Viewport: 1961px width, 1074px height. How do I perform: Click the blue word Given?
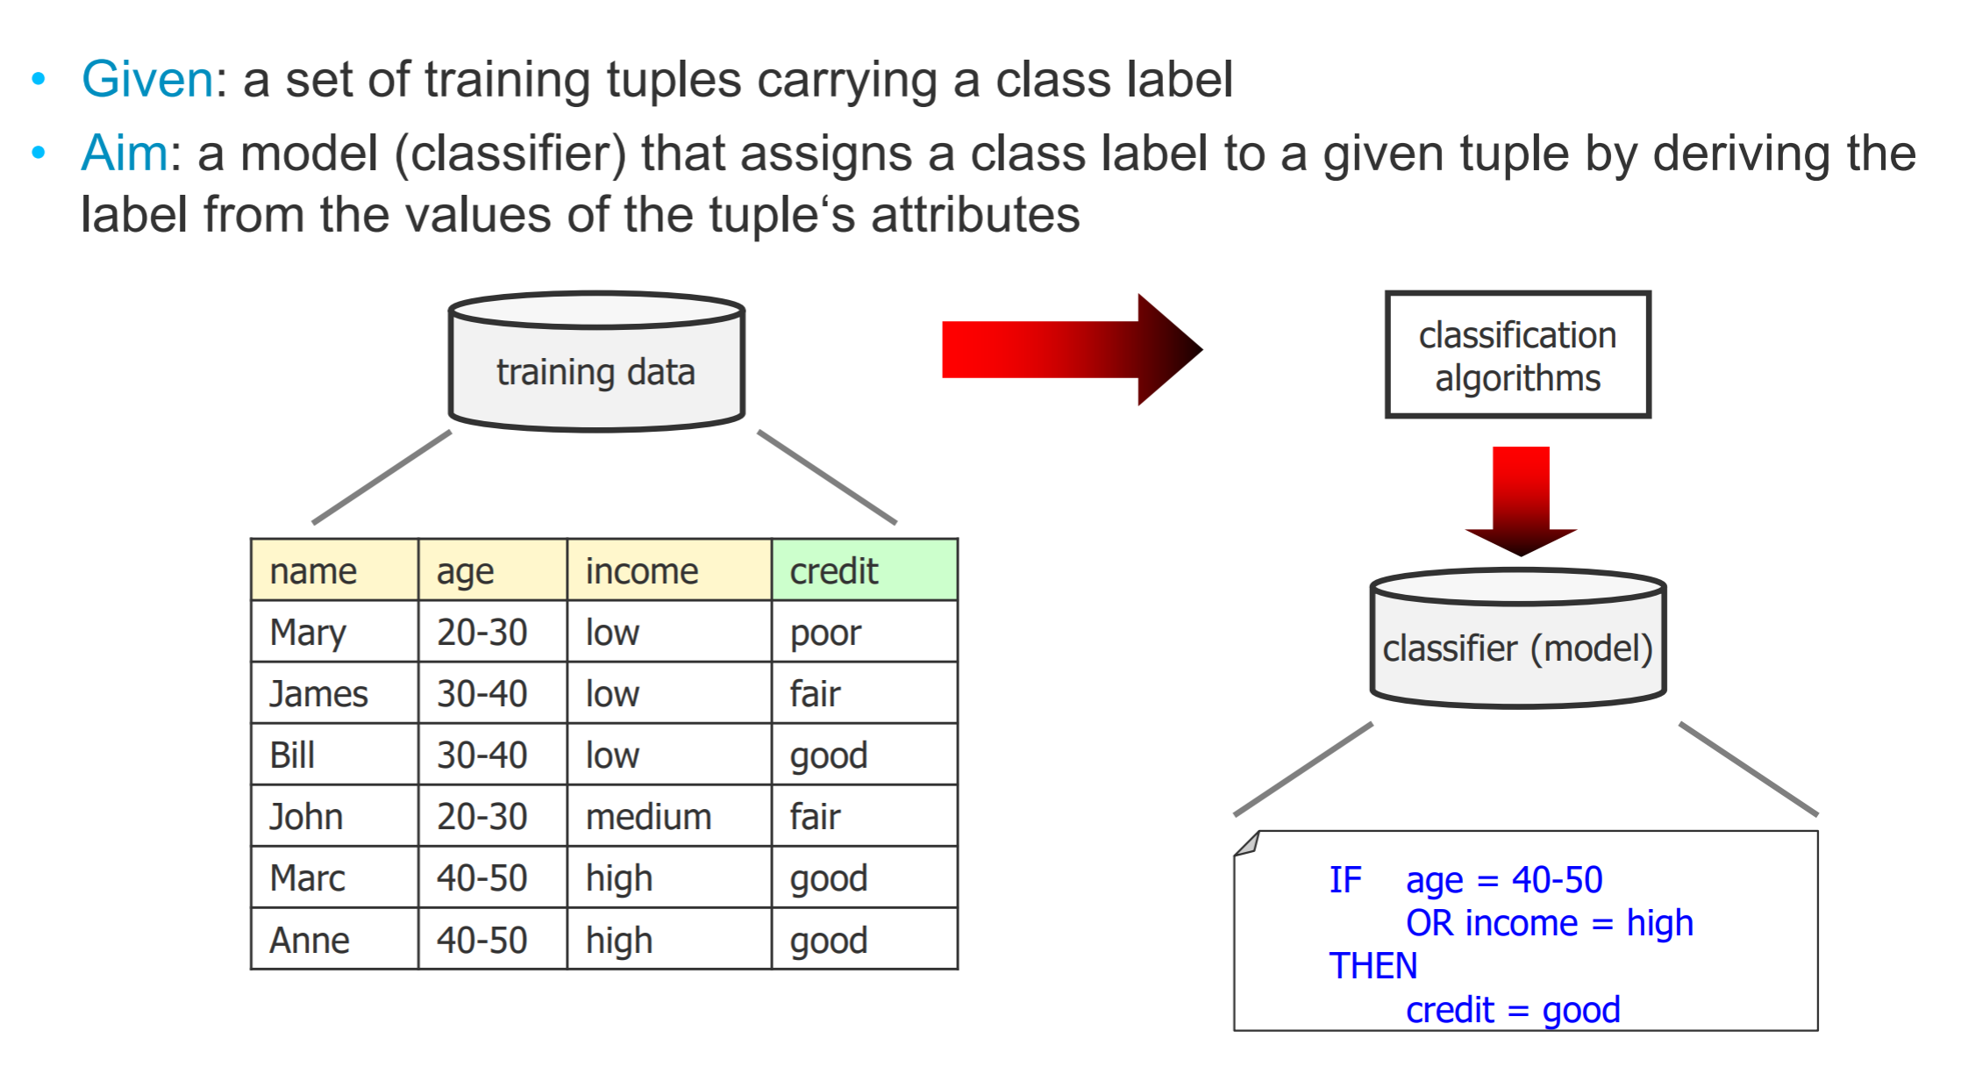click(147, 80)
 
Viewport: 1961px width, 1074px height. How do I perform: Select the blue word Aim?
click(125, 153)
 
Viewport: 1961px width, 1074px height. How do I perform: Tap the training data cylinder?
click(596, 362)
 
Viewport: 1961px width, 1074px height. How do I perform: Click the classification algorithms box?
click(1518, 354)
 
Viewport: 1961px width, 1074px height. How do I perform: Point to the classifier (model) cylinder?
click(1518, 638)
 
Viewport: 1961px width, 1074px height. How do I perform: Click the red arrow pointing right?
click(1073, 349)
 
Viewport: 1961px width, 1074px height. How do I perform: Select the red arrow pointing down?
click(1521, 501)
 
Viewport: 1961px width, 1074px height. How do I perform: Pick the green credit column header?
click(865, 570)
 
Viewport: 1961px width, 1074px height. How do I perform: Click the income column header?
click(669, 570)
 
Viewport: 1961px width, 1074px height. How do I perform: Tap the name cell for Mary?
click(335, 632)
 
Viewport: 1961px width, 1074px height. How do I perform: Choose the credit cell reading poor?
click(865, 632)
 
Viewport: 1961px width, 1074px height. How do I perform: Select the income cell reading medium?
click(669, 816)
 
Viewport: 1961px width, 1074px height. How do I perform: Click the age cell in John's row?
click(493, 816)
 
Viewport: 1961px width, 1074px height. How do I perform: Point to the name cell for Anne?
click(335, 939)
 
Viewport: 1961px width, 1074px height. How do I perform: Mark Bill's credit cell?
click(865, 755)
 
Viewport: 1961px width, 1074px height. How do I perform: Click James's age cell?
click(493, 693)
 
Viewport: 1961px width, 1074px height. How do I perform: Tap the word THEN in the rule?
click(1373, 966)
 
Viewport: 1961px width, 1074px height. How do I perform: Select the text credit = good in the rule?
click(1513, 1010)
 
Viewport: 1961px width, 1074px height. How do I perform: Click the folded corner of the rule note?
click(1246, 843)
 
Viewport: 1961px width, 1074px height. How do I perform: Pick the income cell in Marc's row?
click(669, 877)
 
